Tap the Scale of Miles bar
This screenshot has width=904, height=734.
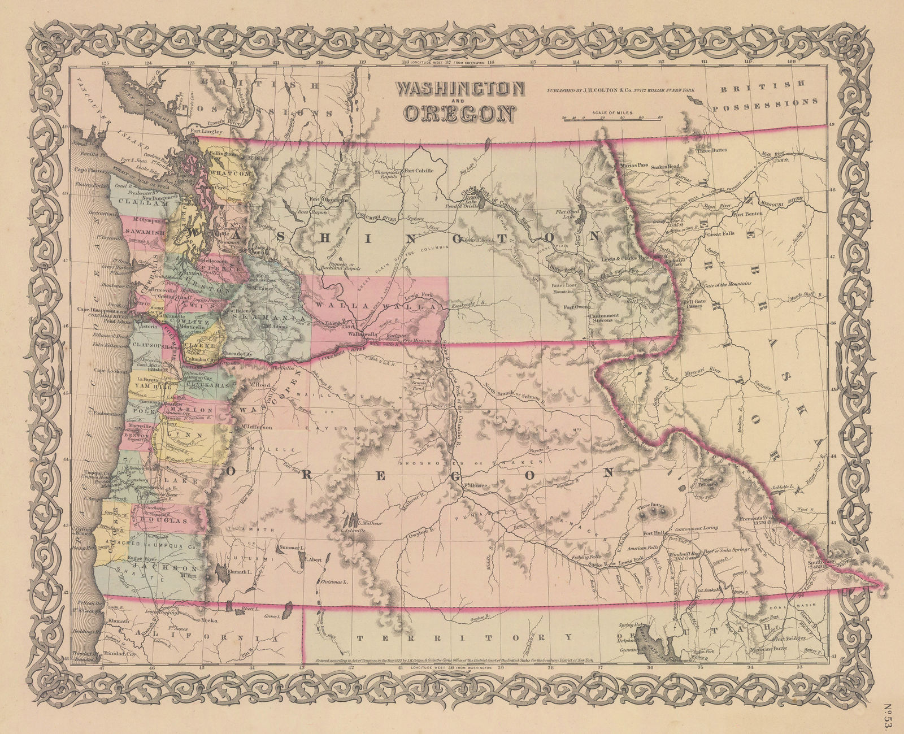(x=611, y=119)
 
